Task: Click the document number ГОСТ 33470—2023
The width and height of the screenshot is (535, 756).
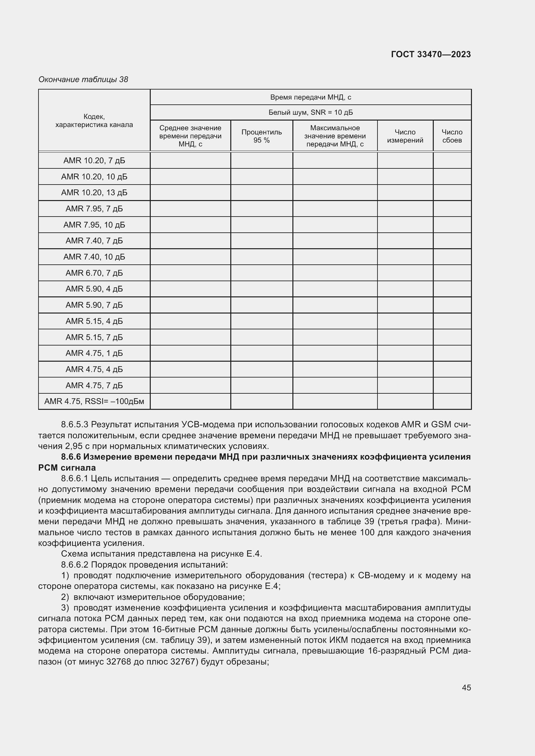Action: tap(431, 54)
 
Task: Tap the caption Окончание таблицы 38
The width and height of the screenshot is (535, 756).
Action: tap(83, 80)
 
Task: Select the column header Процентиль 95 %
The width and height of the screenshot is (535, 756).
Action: tap(261, 136)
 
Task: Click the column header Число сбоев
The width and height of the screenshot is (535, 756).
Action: tap(452, 136)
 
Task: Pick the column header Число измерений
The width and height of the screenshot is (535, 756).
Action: tap(405, 136)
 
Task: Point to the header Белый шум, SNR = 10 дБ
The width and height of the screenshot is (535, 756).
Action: tap(310, 112)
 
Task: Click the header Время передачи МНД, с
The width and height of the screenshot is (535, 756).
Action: tap(310, 97)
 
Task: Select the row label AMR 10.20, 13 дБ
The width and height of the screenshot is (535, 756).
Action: tap(94, 193)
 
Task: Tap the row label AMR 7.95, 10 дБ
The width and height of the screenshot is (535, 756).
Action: tap(94, 225)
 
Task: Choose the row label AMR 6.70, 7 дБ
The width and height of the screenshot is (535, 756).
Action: tap(94, 273)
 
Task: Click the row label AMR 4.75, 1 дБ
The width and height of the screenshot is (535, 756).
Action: tap(94, 353)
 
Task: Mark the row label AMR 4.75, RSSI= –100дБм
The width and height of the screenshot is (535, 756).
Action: tap(94, 401)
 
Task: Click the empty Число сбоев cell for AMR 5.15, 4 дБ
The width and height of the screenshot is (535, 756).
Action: tap(452, 321)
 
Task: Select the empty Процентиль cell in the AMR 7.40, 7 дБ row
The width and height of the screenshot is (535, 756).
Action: tap(261, 241)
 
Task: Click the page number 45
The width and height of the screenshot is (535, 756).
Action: tap(466, 687)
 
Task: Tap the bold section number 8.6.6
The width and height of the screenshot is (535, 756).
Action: tap(71, 457)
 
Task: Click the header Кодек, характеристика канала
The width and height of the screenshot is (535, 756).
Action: tap(94, 121)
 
